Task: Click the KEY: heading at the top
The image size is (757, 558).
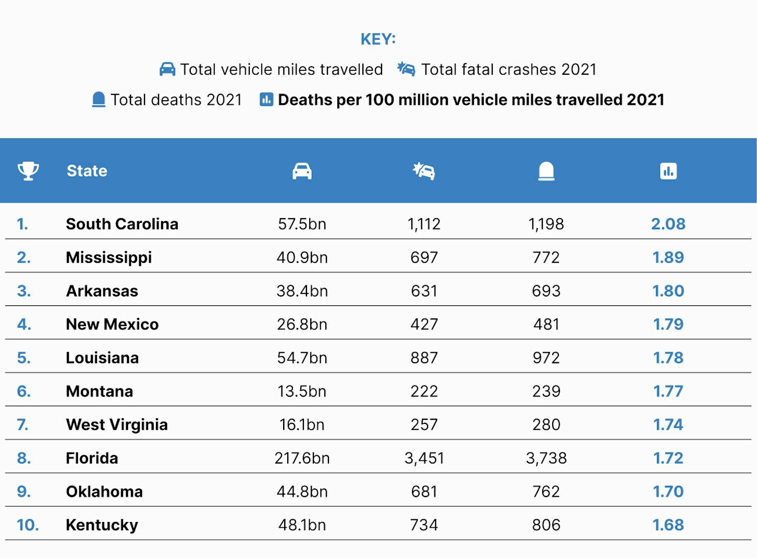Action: click(378, 39)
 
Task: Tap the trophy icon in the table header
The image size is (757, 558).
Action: click(28, 171)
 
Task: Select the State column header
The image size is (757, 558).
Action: click(87, 171)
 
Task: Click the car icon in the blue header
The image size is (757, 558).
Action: click(302, 171)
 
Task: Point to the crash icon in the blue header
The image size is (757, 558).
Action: click(424, 171)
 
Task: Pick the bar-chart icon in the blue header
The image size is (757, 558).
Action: click(668, 171)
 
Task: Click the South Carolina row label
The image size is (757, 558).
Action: click(122, 224)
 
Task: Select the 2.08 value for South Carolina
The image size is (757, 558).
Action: click(668, 224)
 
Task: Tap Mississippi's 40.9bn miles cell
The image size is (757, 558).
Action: click(302, 257)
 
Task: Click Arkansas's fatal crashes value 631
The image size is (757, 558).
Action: click(424, 291)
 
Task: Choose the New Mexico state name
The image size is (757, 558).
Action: click(112, 324)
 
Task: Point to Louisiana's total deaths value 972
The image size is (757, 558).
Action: click(546, 358)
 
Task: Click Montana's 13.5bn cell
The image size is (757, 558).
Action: click(302, 391)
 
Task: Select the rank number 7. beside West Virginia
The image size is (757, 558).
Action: click(22, 425)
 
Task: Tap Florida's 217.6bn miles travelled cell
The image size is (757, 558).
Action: click(302, 458)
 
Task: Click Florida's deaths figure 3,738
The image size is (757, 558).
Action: click(546, 458)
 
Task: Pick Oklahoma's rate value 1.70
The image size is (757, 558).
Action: click(668, 492)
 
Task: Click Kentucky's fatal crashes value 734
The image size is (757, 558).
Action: click(424, 525)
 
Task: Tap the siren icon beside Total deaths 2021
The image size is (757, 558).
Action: click(99, 100)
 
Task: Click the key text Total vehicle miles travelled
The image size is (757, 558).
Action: click(282, 70)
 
